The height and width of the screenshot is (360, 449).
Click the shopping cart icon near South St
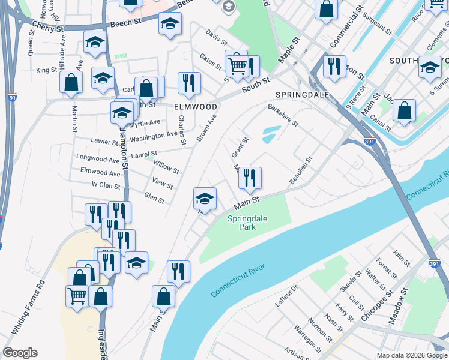[237, 64]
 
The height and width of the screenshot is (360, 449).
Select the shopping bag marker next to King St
[71, 83]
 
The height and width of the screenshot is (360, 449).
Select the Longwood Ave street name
[98, 160]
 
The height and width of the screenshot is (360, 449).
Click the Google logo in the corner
[20, 353]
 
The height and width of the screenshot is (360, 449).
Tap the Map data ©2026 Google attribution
[411, 355]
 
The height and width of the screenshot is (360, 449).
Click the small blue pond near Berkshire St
[270, 133]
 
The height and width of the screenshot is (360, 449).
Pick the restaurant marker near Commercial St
[334, 65]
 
